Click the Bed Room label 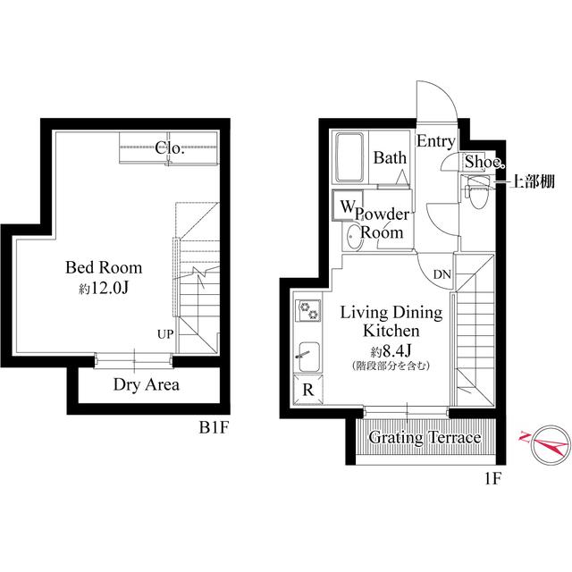click(104, 267)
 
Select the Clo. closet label click(169, 148)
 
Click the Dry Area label click(147, 385)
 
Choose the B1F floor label click(214, 427)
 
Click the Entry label click(436, 141)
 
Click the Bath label click(391, 159)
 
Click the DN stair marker click(442, 274)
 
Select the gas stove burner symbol click(308, 310)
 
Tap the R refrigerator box click(307, 389)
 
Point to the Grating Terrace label click(425, 438)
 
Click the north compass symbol click(547, 442)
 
